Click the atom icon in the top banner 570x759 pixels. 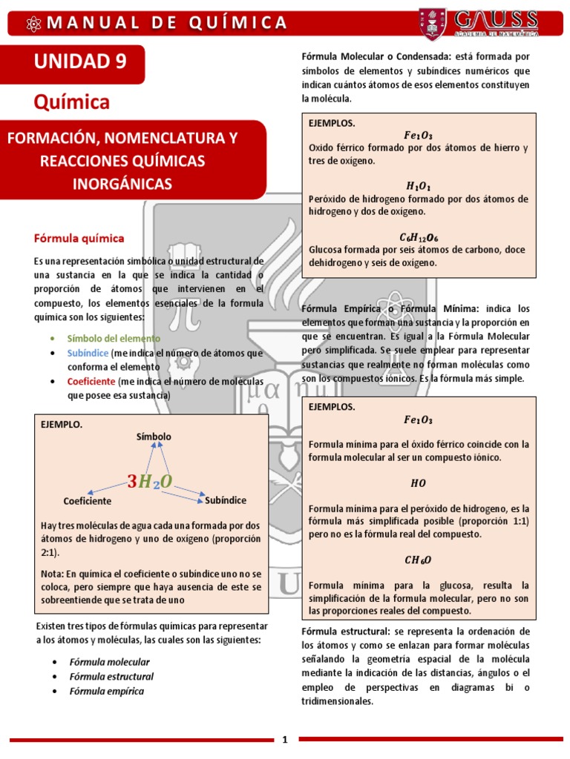[x=33, y=23]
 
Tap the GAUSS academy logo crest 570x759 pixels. [x=434, y=24]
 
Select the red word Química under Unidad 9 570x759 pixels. [x=72, y=102]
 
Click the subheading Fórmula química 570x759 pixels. [x=79, y=238]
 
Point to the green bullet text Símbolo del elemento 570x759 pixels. [x=114, y=338]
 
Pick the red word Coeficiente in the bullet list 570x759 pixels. [x=91, y=381]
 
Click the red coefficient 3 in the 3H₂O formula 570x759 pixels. [x=132, y=483]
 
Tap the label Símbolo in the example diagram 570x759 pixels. [x=154, y=437]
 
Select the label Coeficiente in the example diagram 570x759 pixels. [x=88, y=501]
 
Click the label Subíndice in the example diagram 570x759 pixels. [x=226, y=500]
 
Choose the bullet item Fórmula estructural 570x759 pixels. [x=111, y=676]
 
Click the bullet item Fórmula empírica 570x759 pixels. [x=107, y=691]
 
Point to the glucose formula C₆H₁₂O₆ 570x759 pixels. [x=419, y=237]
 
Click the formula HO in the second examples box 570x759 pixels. [x=418, y=483]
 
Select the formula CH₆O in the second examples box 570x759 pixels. [x=418, y=560]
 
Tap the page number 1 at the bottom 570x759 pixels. [x=285, y=739]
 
